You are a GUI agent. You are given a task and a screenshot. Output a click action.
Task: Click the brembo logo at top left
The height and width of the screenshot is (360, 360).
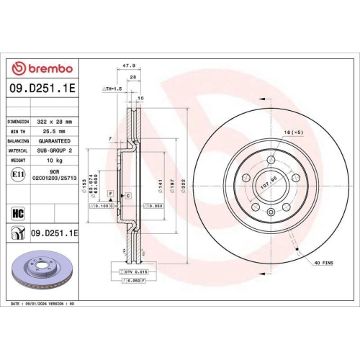pos(41,68)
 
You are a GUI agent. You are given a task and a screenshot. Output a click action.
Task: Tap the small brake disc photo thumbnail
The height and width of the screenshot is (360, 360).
pos(40,270)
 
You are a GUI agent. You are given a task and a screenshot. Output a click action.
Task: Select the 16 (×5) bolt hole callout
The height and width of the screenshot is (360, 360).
pos(292,132)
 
